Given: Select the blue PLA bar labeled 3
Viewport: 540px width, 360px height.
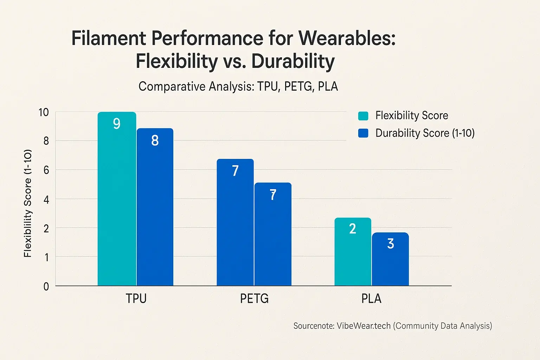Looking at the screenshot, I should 390,260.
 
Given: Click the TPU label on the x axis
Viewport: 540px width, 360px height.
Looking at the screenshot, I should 136,298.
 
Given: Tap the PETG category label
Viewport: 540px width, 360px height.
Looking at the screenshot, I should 254,298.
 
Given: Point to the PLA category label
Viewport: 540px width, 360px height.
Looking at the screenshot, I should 371,298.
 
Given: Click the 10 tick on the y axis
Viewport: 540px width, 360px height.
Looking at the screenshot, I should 44,112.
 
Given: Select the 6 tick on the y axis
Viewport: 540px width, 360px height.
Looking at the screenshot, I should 46,170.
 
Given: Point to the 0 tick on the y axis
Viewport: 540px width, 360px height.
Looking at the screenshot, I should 46,287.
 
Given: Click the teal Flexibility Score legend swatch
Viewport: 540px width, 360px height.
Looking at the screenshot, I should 363,116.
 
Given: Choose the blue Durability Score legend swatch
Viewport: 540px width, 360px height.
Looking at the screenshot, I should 363,133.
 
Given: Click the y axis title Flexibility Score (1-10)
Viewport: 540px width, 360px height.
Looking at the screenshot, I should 28,203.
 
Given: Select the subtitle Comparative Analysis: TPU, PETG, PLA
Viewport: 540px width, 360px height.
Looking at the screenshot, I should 238,86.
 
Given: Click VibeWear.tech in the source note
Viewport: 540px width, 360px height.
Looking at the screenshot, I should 364,326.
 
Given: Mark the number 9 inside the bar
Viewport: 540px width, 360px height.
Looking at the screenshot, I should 117,124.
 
